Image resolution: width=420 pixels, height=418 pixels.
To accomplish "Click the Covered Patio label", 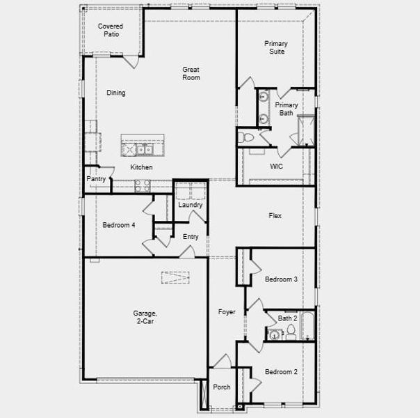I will (x=111, y=30).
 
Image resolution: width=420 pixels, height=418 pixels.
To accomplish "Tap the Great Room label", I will (x=191, y=73).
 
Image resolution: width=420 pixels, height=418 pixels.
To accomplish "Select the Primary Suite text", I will (x=275, y=47).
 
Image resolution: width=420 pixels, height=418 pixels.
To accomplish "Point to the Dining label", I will (x=116, y=93).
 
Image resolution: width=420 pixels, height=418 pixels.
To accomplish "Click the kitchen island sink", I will (x=144, y=148).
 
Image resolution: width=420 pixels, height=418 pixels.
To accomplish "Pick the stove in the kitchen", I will (x=142, y=185).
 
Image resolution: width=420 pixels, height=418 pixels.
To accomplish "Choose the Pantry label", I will (x=96, y=179).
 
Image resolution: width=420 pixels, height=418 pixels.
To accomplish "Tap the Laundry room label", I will (x=190, y=205).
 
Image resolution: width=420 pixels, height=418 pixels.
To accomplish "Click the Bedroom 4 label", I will (x=119, y=225).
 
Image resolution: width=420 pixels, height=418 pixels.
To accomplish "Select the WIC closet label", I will (x=276, y=167).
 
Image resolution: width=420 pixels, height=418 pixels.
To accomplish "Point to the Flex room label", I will (x=275, y=216).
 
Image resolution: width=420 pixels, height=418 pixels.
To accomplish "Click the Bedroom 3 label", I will (x=281, y=279).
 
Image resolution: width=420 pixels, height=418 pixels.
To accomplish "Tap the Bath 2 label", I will (x=288, y=318).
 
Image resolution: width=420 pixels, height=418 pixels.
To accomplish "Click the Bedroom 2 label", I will (x=281, y=372).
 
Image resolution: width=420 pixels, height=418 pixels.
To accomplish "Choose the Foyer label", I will (x=227, y=312).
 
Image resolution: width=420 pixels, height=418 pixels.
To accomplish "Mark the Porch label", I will (x=222, y=387).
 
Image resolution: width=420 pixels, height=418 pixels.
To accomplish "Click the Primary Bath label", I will (x=286, y=109).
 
